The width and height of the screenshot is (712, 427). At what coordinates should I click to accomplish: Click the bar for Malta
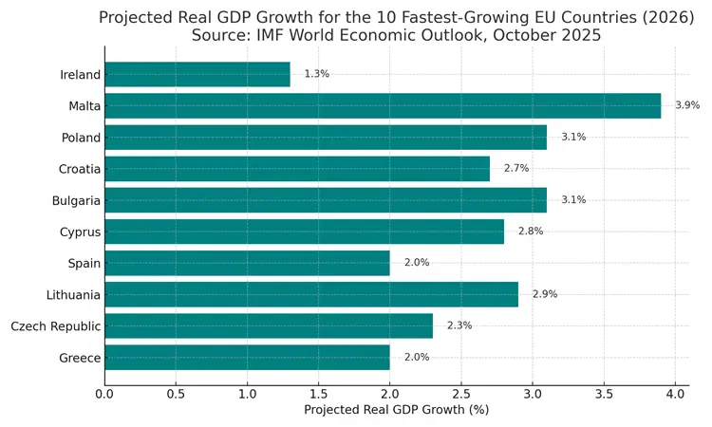pyautogui.click(x=396, y=105)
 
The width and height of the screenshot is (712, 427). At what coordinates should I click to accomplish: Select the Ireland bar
pyautogui.click(x=197, y=74)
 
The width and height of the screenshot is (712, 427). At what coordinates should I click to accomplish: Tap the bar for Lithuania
pyautogui.click(x=311, y=294)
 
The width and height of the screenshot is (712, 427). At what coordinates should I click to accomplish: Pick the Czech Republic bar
pyautogui.click(x=269, y=325)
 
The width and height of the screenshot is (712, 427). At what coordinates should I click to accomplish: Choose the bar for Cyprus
pyautogui.click(x=304, y=232)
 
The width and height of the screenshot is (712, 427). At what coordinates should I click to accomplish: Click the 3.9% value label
pyautogui.click(x=687, y=105)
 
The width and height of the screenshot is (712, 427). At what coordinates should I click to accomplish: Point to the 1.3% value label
pyautogui.click(x=316, y=74)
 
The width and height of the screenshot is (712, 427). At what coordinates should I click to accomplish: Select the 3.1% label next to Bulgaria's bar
pyautogui.click(x=573, y=200)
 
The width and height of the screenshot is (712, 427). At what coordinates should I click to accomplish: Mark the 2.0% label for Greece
pyautogui.click(x=417, y=357)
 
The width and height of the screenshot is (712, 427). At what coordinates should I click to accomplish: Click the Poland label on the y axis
pyautogui.click(x=81, y=138)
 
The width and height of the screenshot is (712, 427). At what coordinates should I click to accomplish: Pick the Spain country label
pyautogui.click(x=84, y=264)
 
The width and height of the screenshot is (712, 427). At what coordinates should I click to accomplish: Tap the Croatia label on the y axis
pyautogui.click(x=79, y=169)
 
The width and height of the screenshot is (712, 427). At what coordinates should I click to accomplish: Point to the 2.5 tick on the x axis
pyautogui.click(x=461, y=393)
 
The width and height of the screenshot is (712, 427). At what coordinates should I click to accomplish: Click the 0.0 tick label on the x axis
pyautogui.click(x=104, y=393)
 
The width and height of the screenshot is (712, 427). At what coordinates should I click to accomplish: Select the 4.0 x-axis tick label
pyautogui.click(x=675, y=393)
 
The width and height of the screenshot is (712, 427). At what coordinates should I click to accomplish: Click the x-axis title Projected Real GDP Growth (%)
pyautogui.click(x=396, y=410)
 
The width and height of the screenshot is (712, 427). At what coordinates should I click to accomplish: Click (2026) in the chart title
pyautogui.click(x=660, y=17)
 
